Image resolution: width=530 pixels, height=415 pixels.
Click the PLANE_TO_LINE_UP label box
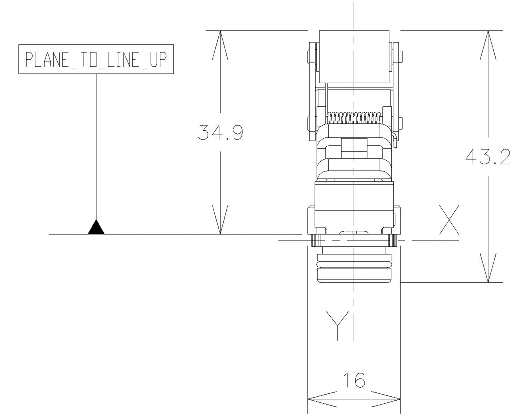coord(96,60)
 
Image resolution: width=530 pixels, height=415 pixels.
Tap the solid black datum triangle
coord(96,228)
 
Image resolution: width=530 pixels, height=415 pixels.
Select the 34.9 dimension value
coord(220,132)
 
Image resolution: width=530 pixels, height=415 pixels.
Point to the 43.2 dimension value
coord(488,157)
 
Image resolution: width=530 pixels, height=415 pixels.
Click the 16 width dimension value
coord(354,381)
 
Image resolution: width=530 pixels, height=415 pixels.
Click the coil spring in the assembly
coord(354,118)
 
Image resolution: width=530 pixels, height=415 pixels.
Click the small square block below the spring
coord(354,146)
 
